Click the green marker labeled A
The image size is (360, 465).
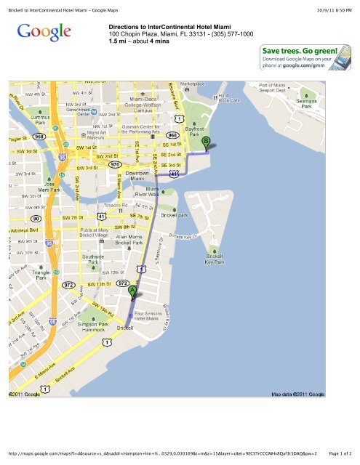[132, 290]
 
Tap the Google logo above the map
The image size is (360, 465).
[44, 33]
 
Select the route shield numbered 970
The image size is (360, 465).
[115, 165]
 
